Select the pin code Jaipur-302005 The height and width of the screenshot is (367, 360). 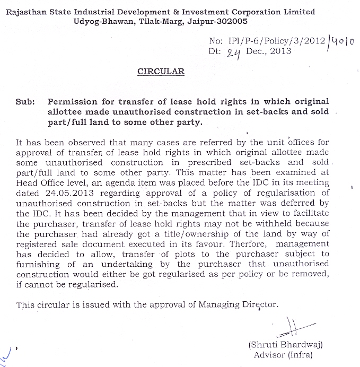(x=217, y=22)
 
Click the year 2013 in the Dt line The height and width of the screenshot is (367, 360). (x=280, y=51)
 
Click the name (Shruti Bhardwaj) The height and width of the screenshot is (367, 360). (x=285, y=344)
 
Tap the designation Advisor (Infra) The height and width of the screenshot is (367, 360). (x=283, y=355)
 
